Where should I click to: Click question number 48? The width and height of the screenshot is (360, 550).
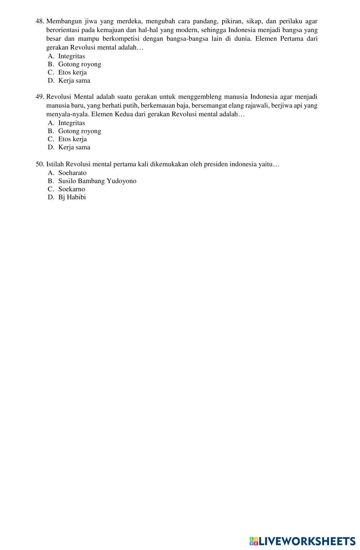pos(40,21)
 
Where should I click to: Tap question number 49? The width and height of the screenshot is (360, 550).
pos(40,97)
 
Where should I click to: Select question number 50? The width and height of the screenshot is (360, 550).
pos(40,164)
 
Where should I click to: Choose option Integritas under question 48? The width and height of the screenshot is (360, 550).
pos(71,56)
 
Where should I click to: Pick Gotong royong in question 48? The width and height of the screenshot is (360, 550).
pos(80,64)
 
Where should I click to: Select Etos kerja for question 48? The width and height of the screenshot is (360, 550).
pos(72,72)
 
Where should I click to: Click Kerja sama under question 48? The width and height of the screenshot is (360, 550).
pos(74,81)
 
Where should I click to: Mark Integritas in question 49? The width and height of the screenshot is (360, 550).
pos(71,123)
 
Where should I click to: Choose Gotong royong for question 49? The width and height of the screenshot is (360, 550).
pos(80,131)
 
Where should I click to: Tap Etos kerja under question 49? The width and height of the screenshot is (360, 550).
pos(72,139)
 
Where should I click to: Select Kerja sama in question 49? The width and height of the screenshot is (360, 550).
pos(74,147)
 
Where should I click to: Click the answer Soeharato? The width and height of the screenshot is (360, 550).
pos(72,173)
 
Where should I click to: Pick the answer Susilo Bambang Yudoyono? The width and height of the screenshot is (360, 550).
pos(97,181)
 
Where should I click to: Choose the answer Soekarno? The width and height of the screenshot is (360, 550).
pos(72,189)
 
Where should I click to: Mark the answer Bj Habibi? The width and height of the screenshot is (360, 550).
pos(72,197)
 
